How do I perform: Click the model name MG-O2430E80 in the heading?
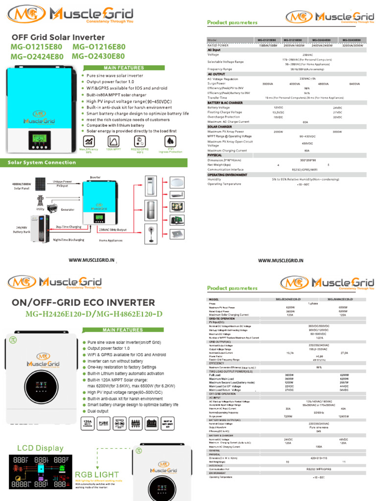[x=98, y=57]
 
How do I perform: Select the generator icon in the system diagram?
[x=52, y=209]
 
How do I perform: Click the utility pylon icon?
[x=40, y=201]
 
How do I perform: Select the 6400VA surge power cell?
[x=354, y=84]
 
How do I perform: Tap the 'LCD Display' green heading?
[x=40, y=448]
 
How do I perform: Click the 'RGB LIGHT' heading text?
[x=96, y=475]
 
